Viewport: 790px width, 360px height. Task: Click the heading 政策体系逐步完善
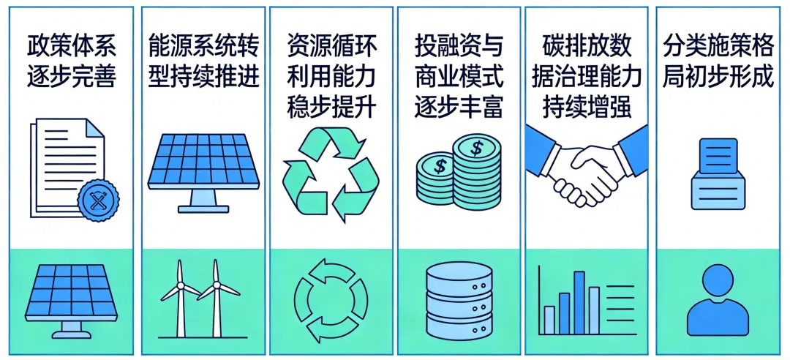point(71,61)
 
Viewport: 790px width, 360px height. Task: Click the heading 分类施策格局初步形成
point(718,61)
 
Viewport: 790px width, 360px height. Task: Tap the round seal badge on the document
point(98,198)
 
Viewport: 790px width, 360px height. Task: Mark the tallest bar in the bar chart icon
point(579,301)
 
